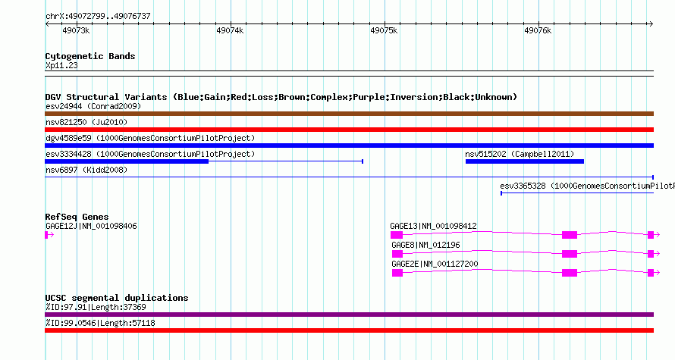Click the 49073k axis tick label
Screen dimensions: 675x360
click(x=76, y=30)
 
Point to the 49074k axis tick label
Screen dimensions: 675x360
click(x=230, y=30)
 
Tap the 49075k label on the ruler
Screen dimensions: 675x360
click(x=384, y=30)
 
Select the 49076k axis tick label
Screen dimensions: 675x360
click(x=538, y=30)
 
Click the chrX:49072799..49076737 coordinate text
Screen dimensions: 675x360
click(x=98, y=17)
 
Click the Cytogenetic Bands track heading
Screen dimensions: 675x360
click(x=90, y=56)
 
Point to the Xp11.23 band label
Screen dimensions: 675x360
click(x=61, y=65)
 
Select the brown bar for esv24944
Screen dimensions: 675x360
click(x=349, y=114)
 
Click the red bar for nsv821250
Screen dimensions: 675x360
click(x=349, y=130)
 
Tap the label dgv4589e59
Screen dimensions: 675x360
click(x=68, y=138)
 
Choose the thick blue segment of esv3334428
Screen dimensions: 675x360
click(x=127, y=161)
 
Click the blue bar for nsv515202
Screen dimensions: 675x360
click(x=525, y=161)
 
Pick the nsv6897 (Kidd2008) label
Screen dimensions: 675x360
click(x=86, y=170)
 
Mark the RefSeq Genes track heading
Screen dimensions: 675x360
click(x=77, y=217)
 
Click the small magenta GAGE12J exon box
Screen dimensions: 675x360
click(x=46, y=235)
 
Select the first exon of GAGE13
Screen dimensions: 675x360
click(x=397, y=235)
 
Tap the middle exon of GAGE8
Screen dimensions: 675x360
click(x=570, y=254)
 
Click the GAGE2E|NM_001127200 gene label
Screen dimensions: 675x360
click(x=435, y=264)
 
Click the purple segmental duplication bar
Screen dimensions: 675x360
click(x=349, y=315)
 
